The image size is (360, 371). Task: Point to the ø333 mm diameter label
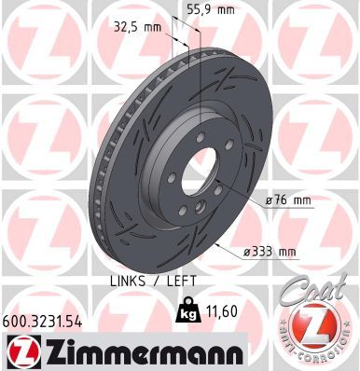tap(270, 251)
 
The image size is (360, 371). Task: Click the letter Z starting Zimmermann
tap(50, 352)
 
